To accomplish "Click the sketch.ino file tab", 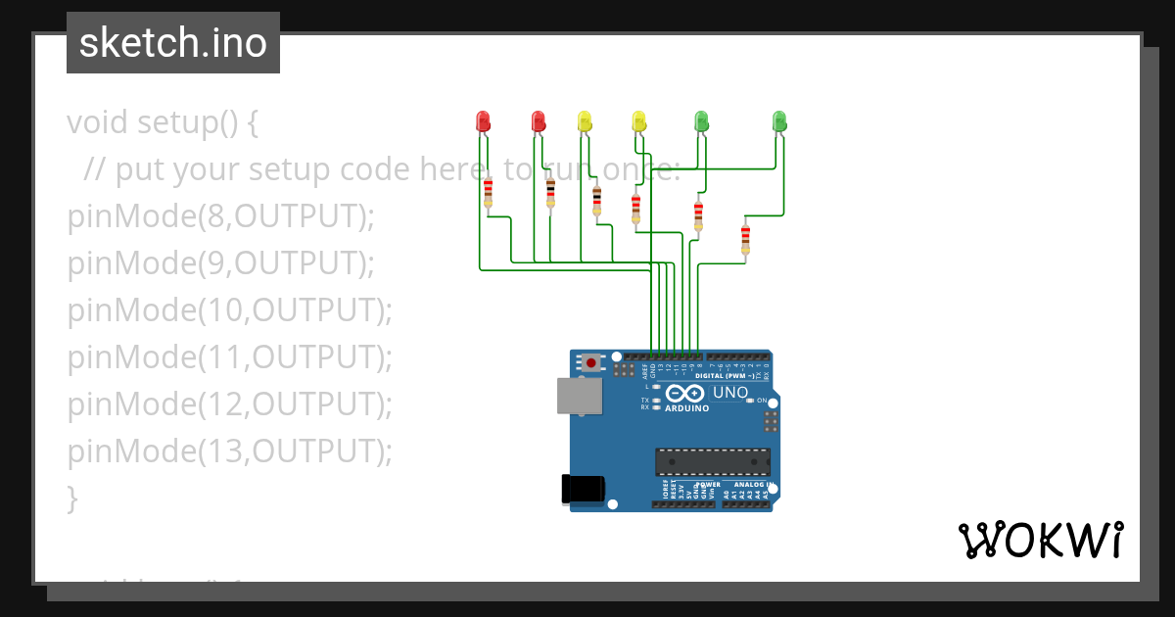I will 173,43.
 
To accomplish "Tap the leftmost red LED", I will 482,120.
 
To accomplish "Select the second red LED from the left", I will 538,120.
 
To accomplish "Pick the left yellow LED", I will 585,120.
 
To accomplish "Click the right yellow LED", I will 638,120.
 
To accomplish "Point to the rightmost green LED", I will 779,120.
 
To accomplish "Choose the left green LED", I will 701,120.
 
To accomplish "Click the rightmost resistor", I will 745,237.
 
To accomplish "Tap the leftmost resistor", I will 488,193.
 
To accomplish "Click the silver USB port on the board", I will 580,395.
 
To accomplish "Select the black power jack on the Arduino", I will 583,489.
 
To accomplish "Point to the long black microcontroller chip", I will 712,461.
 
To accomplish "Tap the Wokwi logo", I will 1040,540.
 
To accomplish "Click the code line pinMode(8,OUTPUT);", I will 221,215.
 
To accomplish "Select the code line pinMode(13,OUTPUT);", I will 229,451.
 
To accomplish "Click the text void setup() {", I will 163,122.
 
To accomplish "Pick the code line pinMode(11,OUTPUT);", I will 229,356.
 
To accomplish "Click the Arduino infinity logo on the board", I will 685,394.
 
